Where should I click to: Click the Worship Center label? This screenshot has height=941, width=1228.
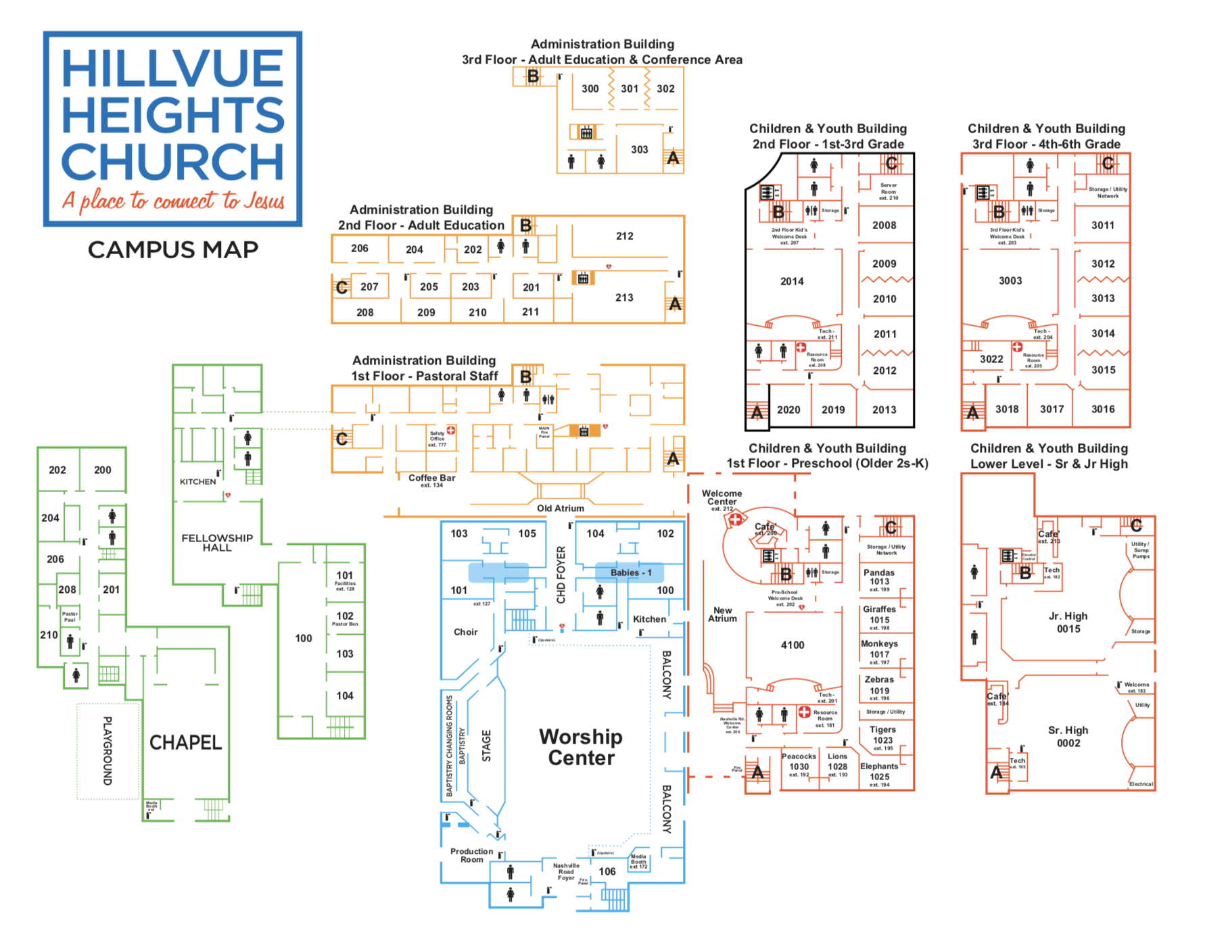[581, 747]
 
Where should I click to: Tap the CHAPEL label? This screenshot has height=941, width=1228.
[185, 743]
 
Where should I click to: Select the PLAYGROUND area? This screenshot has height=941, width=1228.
[108, 750]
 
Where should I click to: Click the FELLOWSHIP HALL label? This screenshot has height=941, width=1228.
[217, 543]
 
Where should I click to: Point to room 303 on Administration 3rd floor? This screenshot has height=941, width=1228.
[639, 149]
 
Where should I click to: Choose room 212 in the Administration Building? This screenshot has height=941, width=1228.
[624, 236]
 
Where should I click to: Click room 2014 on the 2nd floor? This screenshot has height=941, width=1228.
[792, 281]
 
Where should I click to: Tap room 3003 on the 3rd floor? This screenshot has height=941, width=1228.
[1010, 281]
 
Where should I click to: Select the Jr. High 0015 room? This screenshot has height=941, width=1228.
[1068, 622]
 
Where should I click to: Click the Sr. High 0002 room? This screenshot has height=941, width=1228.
[1068, 736]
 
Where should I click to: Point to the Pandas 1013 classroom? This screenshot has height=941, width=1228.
[879, 577]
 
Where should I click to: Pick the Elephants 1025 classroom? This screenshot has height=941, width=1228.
[879, 772]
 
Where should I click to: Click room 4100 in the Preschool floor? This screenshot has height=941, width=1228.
[793, 645]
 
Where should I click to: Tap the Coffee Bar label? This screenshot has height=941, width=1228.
[431, 478]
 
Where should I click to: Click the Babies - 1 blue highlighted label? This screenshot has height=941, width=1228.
[630, 573]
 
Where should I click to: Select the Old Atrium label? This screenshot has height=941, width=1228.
[560, 508]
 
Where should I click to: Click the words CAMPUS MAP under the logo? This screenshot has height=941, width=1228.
[173, 249]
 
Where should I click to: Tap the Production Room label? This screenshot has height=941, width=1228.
[471, 855]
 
